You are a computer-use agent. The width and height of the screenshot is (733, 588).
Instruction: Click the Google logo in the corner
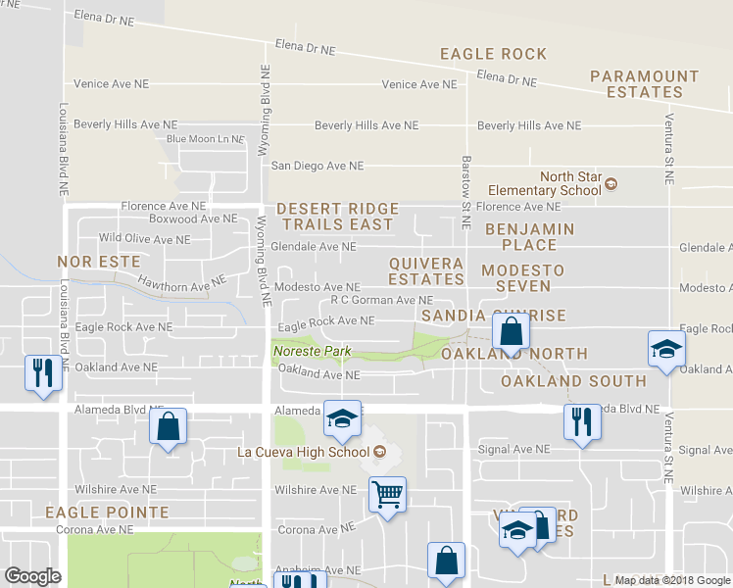[x=32, y=576]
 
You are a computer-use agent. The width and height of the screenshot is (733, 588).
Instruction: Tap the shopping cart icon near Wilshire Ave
[x=387, y=494]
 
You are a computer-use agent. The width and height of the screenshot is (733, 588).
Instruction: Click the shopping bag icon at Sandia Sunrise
[x=511, y=331]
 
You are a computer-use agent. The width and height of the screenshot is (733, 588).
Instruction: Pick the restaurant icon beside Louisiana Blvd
[x=42, y=372]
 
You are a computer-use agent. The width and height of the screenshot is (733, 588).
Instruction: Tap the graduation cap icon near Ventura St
[x=665, y=349]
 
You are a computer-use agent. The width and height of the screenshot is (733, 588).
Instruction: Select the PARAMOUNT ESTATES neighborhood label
[x=644, y=84]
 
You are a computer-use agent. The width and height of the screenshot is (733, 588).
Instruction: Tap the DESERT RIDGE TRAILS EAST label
[x=337, y=217]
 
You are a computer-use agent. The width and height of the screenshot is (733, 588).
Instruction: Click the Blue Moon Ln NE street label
[x=205, y=139]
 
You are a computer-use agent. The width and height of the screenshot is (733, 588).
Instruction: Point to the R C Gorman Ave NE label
[x=381, y=301]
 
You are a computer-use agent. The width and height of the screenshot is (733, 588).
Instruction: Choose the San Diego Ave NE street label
[x=317, y=167]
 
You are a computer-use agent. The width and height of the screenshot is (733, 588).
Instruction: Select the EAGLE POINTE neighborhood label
[x=106, y=513]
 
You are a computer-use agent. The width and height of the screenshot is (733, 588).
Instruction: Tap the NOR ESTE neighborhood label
[x=98, y=263]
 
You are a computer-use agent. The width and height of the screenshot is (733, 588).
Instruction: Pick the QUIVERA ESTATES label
[x=425, y=271]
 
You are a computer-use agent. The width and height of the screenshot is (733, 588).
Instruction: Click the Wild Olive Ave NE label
[x=136, y=238]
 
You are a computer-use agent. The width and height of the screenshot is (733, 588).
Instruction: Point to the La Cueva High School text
[x=305, y=452]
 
